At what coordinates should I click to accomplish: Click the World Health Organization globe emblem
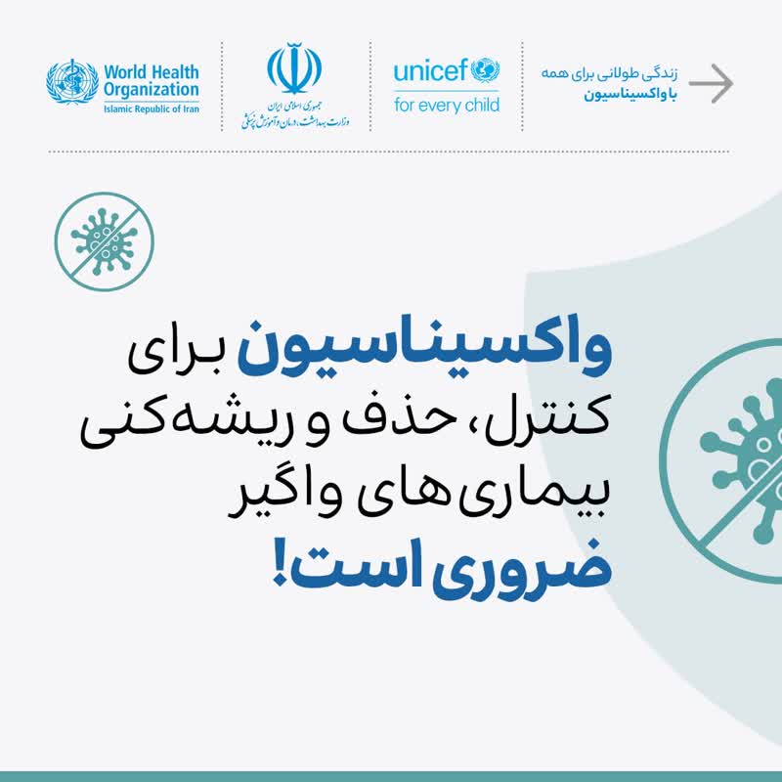coord(72,81)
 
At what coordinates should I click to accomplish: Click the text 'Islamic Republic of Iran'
coord(152,109)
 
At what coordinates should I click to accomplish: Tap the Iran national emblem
coord(294,68)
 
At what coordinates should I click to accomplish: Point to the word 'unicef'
coord(431,70)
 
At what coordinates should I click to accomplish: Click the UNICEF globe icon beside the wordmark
coord(485,70)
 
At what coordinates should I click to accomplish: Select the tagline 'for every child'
coord(447,106)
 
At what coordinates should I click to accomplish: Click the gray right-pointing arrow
coord(712,83)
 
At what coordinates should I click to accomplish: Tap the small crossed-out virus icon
coord(105,241)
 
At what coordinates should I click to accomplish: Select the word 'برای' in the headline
coord(175,354)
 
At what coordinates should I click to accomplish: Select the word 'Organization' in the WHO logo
coord(152,91)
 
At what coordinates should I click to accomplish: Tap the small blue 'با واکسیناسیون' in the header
coord(630,95)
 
